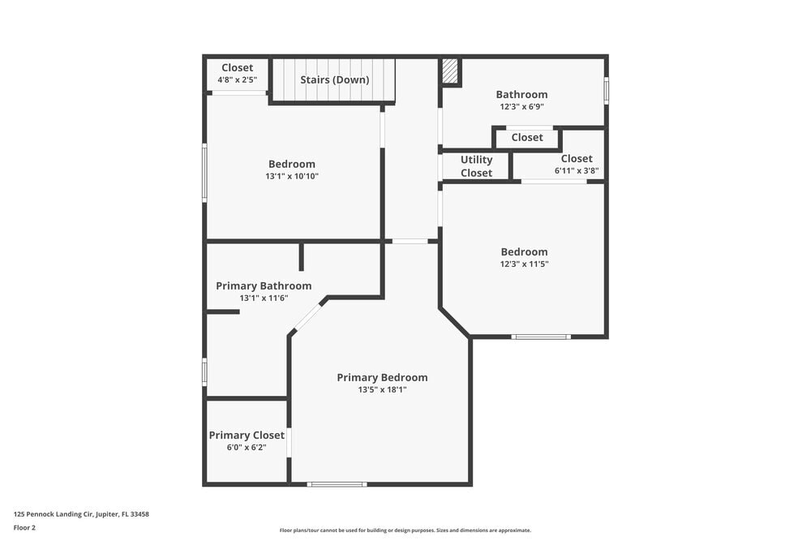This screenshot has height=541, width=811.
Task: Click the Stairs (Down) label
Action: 334,79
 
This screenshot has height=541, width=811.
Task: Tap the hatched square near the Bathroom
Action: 450,71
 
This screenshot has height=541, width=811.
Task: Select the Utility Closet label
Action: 476,166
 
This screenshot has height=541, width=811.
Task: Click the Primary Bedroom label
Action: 382,377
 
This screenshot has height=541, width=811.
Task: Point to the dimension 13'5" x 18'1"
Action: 382,390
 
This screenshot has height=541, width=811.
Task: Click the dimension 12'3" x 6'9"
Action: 521,106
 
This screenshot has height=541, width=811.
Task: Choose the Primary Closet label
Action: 247,435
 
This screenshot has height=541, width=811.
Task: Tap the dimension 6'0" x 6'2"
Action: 247,447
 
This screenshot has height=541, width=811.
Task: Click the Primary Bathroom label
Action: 264,286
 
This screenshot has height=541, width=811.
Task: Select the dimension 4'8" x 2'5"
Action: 237,80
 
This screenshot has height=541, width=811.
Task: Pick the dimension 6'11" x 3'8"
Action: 576,171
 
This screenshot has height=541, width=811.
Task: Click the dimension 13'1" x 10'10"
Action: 291,176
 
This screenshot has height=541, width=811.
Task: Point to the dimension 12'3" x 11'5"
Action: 524,264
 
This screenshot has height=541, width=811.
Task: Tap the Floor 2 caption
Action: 24,527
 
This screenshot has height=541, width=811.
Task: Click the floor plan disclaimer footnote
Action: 405,530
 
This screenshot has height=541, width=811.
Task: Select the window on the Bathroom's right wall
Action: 606,90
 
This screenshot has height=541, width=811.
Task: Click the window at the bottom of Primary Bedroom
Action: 337,484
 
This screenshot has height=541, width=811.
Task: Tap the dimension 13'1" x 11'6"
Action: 264,298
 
